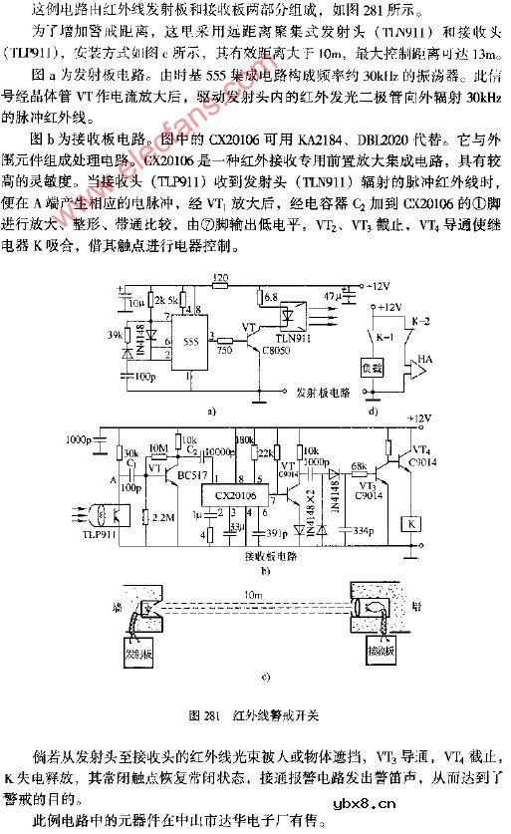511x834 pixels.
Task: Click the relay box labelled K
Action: pos(407,522)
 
